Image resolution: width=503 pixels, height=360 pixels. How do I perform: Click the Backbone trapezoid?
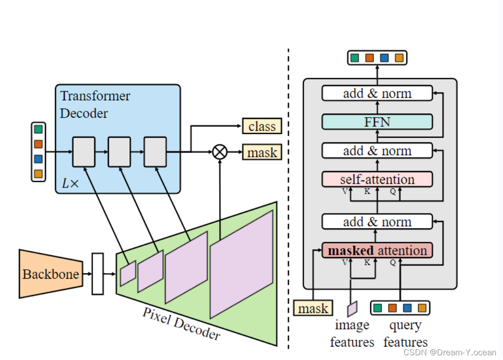(51, 274)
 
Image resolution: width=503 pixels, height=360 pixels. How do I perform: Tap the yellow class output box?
(262, 126)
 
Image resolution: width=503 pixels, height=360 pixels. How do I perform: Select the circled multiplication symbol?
(220, 152)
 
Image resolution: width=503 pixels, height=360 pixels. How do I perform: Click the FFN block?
(377, 122)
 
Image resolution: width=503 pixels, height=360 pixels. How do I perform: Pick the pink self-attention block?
(377, 180)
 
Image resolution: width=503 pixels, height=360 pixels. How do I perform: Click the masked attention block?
(377, 250)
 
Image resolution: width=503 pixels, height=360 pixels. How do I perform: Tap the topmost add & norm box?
(377, 93)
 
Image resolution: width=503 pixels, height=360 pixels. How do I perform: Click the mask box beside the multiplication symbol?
(262, 152)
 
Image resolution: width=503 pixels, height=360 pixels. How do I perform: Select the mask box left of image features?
(313, 308)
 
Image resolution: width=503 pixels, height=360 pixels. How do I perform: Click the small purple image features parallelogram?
(352, 309)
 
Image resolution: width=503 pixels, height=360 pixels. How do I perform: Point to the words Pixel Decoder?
(181, 324)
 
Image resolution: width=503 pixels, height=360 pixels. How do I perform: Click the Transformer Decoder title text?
(95, 104)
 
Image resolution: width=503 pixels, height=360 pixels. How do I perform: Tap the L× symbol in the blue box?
(70, 184)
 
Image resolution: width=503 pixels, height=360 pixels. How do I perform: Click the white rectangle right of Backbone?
(98, 274)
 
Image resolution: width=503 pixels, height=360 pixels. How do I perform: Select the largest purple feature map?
(242, 264)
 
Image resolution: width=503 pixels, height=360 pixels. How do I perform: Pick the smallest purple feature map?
(128, 273)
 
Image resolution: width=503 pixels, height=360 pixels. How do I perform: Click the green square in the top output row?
(355, 58)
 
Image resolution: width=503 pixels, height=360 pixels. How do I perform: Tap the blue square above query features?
(407, 308)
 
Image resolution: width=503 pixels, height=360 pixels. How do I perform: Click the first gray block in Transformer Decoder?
(84, 152)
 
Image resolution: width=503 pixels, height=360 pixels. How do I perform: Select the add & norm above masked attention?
(377, 222)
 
